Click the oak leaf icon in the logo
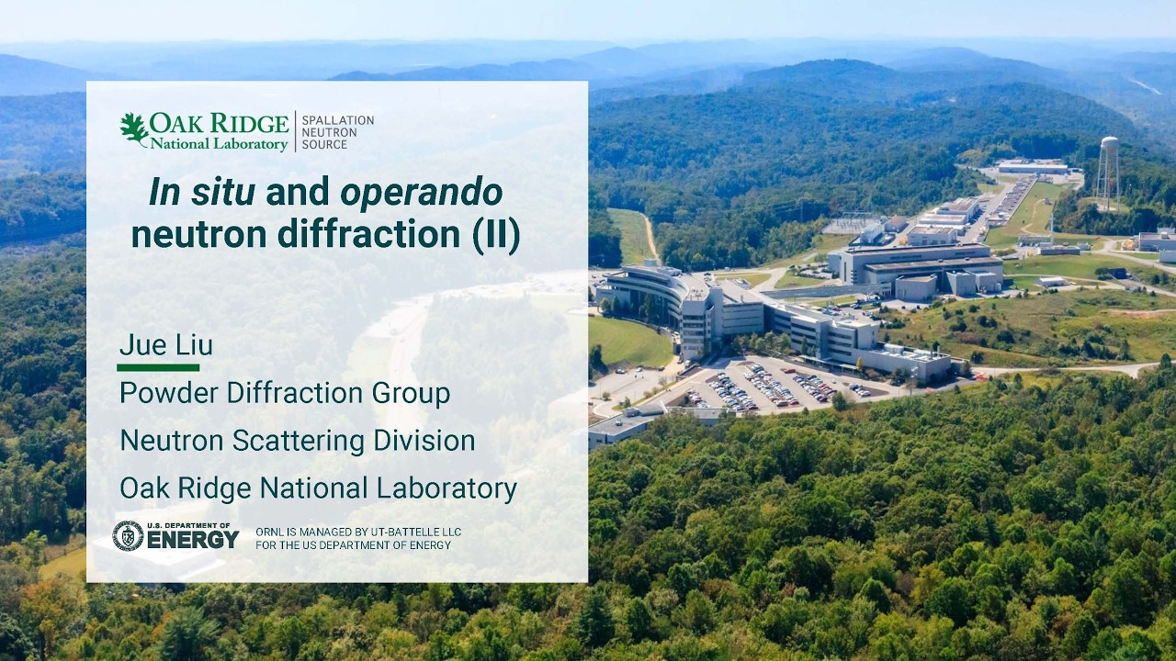(x=134, y=129)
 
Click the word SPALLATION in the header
(x=338, y=120)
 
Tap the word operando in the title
(x=422, y=192)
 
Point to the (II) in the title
(x=496, y=235)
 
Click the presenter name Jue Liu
(x=166, y=345)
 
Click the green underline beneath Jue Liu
(x=158, y=367)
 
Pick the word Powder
(x=168, y=393)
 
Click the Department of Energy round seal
(x=128, y=536)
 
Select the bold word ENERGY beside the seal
(x=193, y=540)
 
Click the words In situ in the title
(x=203, y=192)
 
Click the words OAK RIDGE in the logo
(x=219, y=123)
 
